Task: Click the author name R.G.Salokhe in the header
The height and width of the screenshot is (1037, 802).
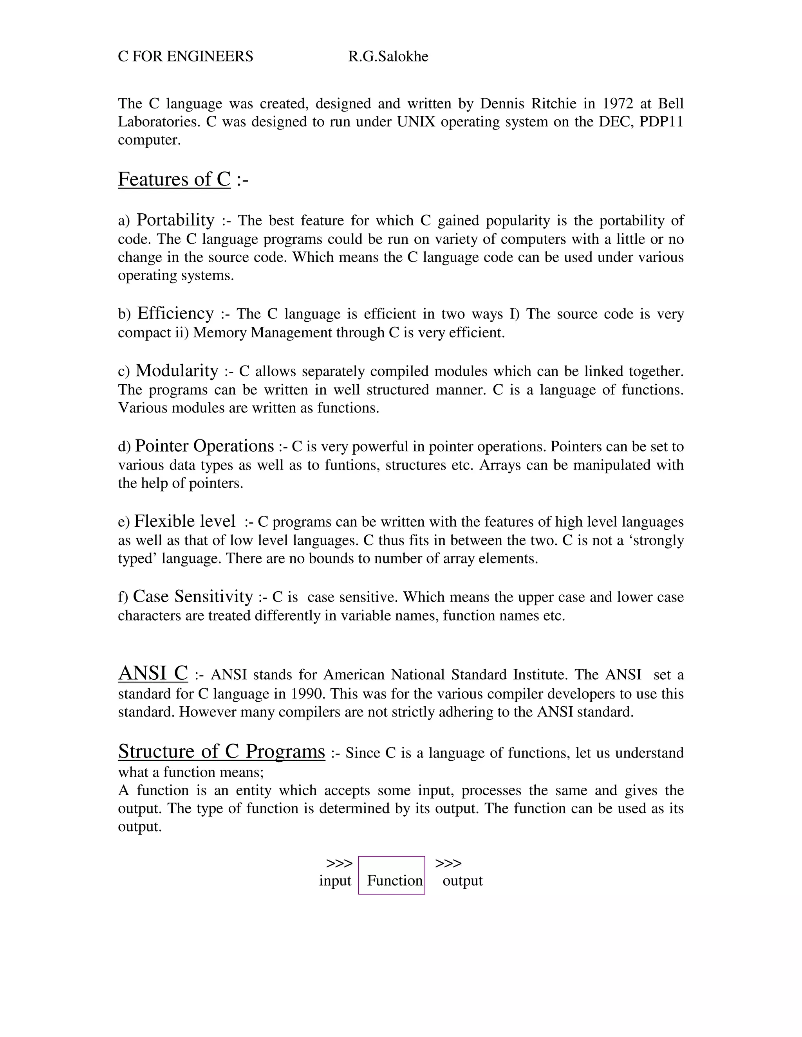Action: [x=388, y=56]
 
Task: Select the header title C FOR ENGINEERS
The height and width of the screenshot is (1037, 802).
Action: [x=185, y=56]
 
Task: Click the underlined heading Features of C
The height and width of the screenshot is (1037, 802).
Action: [x=174, y=180]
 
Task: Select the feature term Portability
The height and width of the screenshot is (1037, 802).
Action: [x=175, y=220]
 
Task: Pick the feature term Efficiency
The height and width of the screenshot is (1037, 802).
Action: [x=175, y=313]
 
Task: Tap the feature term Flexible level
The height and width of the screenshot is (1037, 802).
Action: [x=184, y=521]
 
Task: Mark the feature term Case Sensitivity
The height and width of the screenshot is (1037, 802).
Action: [x=193, y=596]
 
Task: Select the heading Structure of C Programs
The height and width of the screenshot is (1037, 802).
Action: [x=221, y=752]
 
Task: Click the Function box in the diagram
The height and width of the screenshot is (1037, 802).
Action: [x=392, y=881]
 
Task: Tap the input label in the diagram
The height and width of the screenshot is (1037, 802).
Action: [x=335, y=881]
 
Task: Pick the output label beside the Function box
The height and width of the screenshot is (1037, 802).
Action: [x=462, y=881]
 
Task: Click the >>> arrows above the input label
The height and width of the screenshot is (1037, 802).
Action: [x=339, y=863]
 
